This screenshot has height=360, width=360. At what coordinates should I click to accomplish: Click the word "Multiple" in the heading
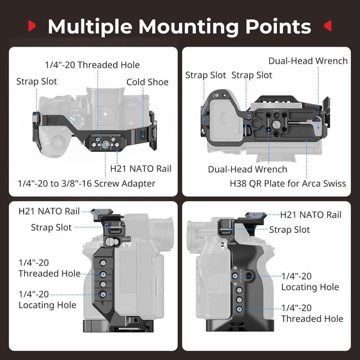(90, 27)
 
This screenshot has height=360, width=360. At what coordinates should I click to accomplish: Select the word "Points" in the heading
(278, 26)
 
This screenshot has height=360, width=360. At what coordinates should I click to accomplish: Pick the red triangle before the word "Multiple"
(31, 25)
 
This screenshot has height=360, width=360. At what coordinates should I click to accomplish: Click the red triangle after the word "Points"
(328, 25)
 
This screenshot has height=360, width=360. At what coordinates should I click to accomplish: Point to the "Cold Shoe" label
(147, 82)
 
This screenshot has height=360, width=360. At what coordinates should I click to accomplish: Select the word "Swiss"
(335, 183)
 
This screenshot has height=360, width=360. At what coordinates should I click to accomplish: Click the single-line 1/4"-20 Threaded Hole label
(92, 65)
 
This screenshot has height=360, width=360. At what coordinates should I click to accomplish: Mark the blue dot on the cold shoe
(143, 136)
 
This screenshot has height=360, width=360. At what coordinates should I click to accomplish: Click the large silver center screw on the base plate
(276, 125)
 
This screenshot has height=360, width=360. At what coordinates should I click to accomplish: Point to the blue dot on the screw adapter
(105, 145)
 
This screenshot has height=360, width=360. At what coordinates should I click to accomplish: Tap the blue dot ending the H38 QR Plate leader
(307, 142)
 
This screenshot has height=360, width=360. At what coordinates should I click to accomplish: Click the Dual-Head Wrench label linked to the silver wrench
(308, 61)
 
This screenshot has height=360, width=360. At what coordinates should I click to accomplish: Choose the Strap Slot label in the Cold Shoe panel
(37, 82)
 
